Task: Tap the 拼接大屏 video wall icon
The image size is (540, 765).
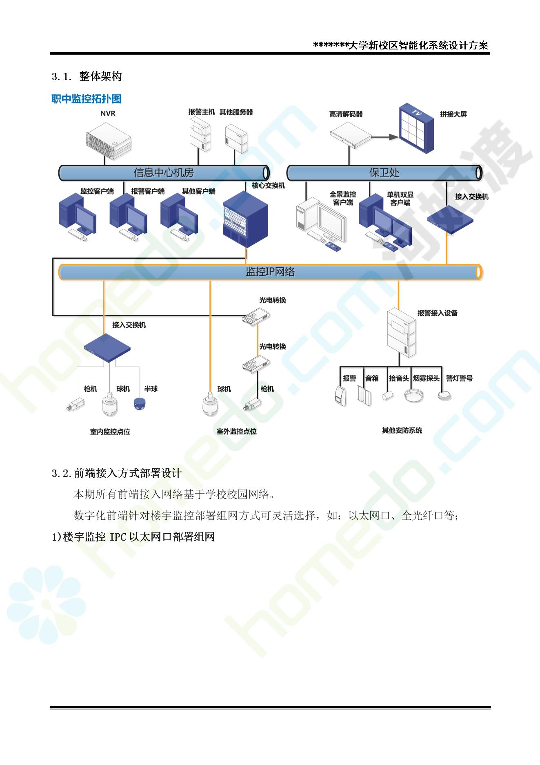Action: pyautogui.click(x=416, y=128)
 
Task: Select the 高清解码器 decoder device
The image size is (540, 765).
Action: pyautogui.click(x=351, y=135)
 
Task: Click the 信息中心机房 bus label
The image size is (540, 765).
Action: pyautogui.click(x=164, y=172)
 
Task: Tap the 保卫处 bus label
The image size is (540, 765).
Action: pyautogui.click(x=384, y=172)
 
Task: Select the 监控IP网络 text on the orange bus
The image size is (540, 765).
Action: pyautogui.click(x=270, y=272)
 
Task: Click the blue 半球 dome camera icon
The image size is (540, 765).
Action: pyautogui.click(x=140, y=403)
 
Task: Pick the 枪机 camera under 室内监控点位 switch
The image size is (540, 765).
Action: pyautogui.click(x=76, y=404)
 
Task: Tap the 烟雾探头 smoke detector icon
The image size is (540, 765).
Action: pyautogui.click(x=414, y=395)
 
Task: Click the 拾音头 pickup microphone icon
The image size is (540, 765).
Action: pyautogui.click(x=387, y=395)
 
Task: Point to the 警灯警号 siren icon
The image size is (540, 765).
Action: pyautogui.click(x=445, y=395)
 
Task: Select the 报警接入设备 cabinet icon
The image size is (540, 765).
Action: pyautogui.click(x=402, y=333)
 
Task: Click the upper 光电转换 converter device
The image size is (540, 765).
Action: pyautogui.click(x=256, y=316)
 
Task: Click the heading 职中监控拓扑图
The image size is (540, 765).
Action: pyautogui.click(x=87, y=99)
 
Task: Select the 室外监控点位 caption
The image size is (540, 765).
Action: pyautogui.click(x=237, y=431)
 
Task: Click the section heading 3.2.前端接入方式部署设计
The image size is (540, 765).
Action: pyautogui.click(x=117, y=473)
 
